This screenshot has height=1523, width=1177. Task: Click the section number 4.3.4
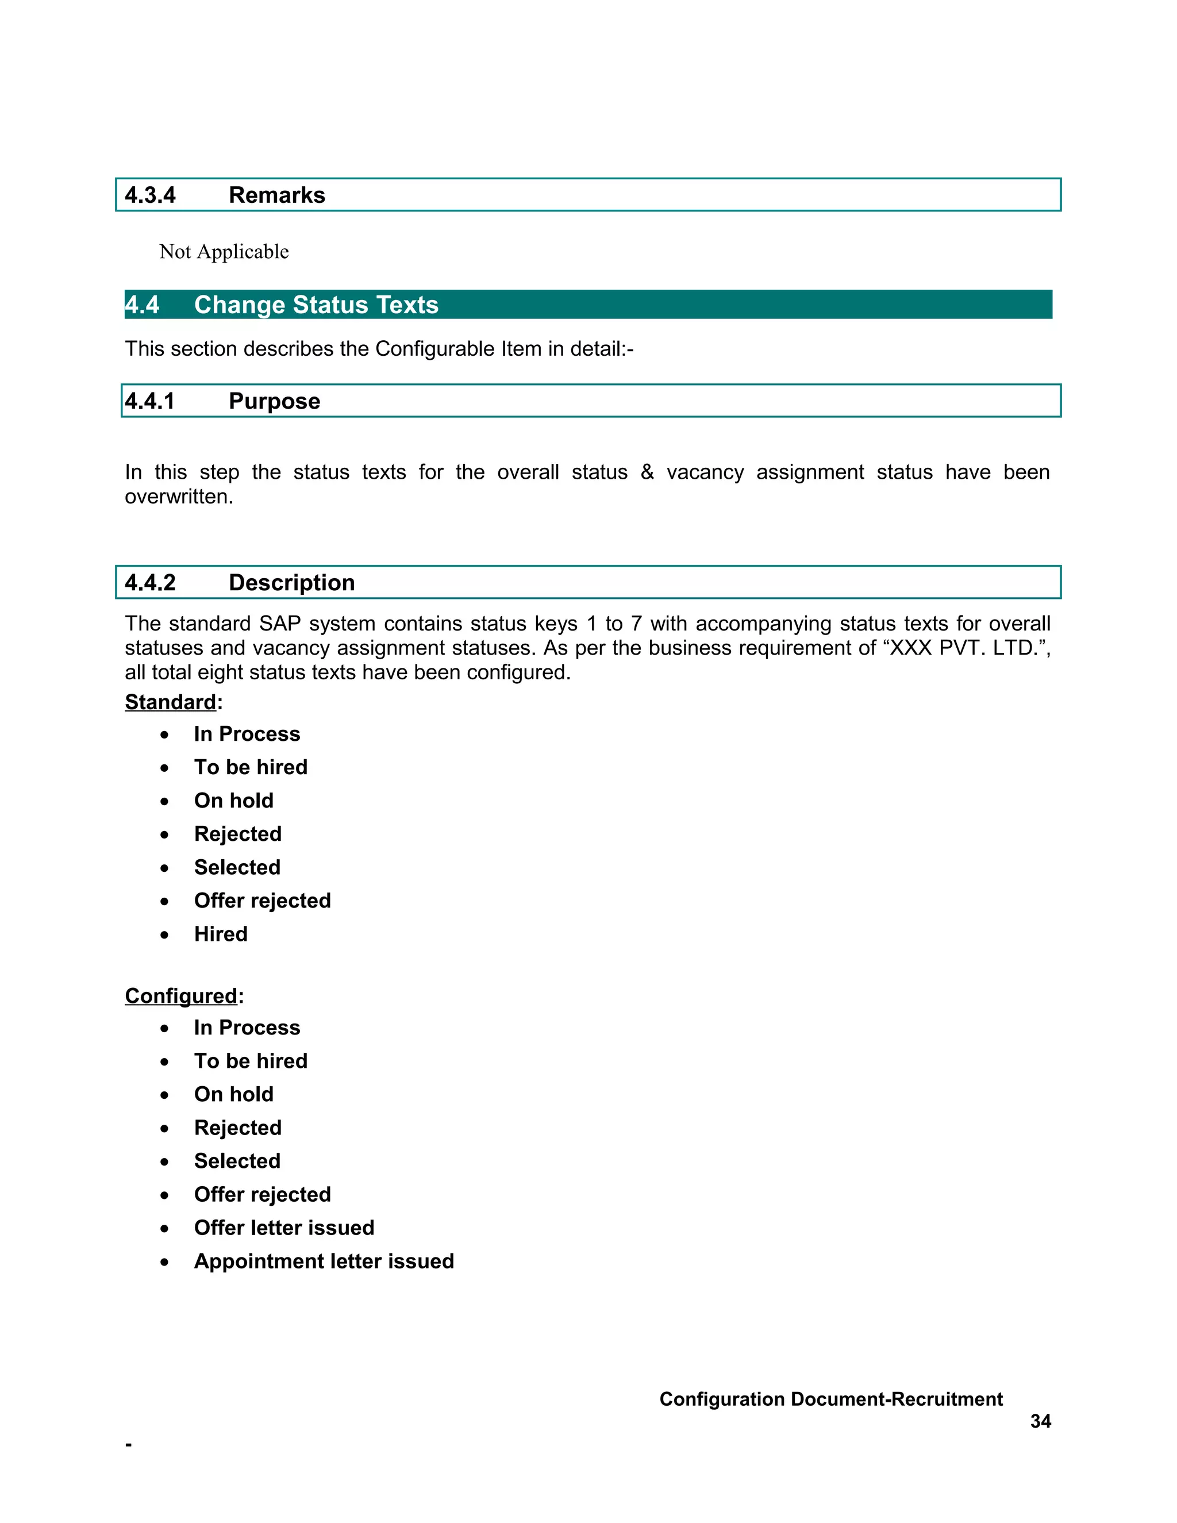(x=150, y=195)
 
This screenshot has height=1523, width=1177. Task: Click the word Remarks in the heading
(x=277, y=195)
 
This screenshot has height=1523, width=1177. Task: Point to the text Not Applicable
(x=224, y=252)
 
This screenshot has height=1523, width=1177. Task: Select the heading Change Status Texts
(x=316, y=305)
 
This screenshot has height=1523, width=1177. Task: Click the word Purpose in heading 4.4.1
(x=274, y=401)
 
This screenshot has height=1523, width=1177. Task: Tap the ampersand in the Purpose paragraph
(x=647, y=472)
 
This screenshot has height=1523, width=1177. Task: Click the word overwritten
(x=179, y=497)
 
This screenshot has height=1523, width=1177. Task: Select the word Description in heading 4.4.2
(x=291, y=582)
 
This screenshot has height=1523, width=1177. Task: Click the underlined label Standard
(x=170, y=702)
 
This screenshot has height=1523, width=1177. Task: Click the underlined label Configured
(x=180, y=996)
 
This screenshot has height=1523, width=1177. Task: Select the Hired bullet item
(x=220, y=934)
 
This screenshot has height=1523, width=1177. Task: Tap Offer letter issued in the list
(x=284, y=1228)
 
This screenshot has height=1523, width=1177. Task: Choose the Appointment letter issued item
(x=324, y=1261)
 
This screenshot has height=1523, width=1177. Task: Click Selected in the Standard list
(x=237, y=867)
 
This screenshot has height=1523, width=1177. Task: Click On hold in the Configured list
(x=233, y=1094)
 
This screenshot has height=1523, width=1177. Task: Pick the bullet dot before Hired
(x=164, y=935)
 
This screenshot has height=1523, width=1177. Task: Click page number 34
(x=1040, y=1421)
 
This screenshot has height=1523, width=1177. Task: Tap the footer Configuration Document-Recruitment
(x=830, y=1399)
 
